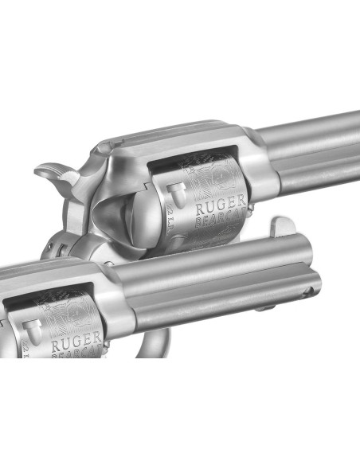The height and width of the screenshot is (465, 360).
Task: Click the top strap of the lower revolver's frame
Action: [48, 271]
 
